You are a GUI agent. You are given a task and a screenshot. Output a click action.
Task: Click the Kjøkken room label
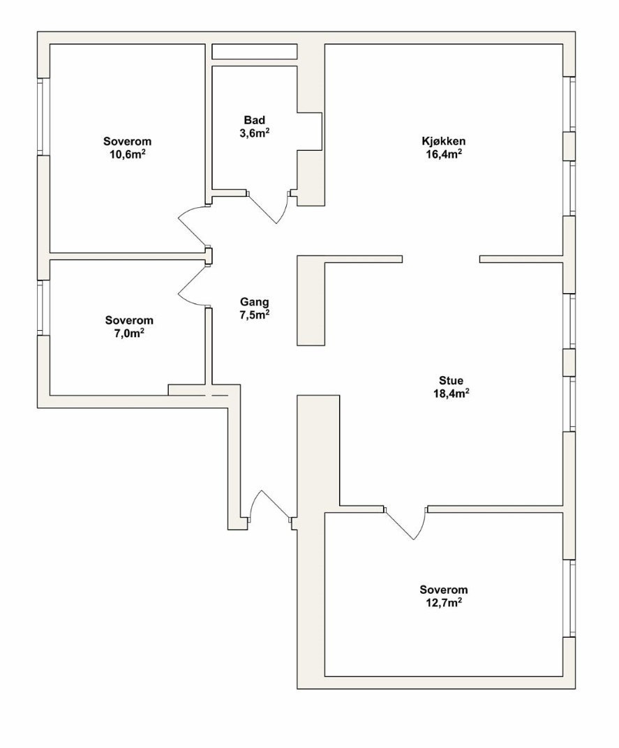[x=444, y=141]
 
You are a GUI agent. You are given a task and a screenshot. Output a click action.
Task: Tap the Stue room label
[x=450, y=381]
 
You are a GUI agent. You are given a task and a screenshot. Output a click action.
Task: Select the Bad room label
[x=255, y=120]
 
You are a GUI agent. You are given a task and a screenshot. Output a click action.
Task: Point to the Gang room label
[x=255, y=302]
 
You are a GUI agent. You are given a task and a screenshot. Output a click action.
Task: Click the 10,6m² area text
[x=128, y=154]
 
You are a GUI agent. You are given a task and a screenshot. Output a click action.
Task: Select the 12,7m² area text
[x=444, y=602]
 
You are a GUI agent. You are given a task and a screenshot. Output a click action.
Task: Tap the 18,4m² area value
[x=450, y=394]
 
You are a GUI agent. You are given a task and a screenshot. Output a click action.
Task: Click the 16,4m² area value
[x=444, y=154]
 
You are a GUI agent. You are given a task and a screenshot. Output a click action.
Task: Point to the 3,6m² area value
[x=255, y=133]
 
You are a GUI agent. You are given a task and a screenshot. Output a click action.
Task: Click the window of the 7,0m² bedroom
[x=41, y=307]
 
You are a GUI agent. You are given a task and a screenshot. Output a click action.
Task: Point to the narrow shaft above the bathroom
[x=255, y=52]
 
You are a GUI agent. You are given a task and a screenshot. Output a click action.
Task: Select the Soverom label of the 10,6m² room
[x=128, y=141]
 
